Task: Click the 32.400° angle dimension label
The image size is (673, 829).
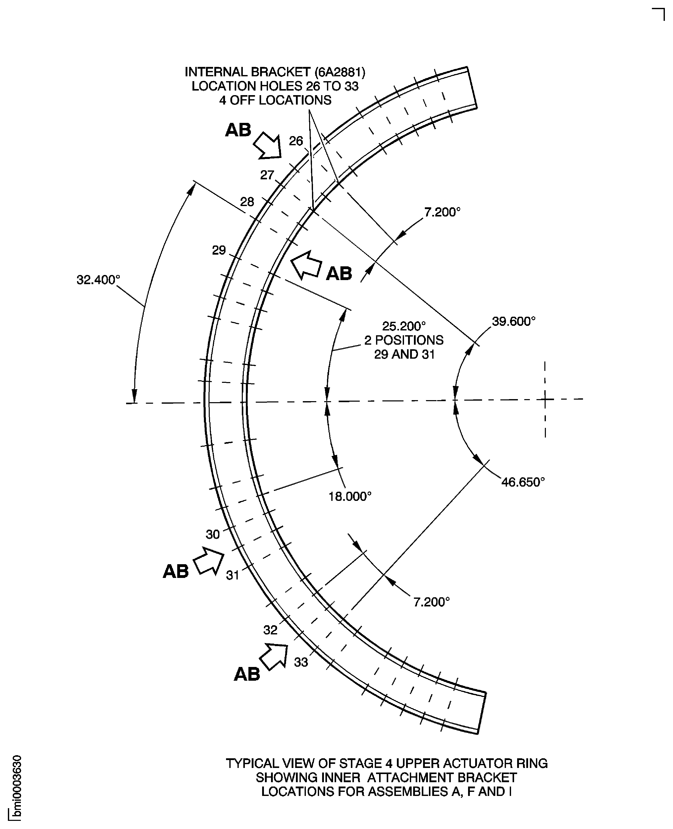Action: [98, 280]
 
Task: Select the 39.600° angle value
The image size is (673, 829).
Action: [513, 322]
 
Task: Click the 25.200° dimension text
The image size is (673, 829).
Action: [403, 326]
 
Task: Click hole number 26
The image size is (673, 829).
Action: [296, 141]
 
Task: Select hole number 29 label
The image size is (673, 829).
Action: [219, 251]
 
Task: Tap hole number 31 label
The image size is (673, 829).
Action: [232, 575]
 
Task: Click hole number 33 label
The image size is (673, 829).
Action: [301, 662]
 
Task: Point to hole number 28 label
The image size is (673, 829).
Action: [247, 202]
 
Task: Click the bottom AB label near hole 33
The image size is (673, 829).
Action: [247, 675]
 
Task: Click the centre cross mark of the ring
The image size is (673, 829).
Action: [545, 399]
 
